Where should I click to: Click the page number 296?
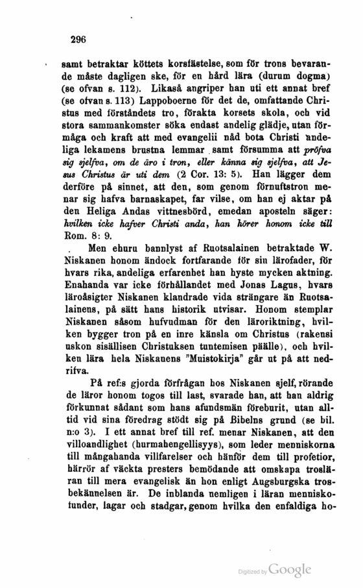pyautogui.click(x=78, y=39)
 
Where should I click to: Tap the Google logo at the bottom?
pyautogui.click(x=292, y=569)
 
